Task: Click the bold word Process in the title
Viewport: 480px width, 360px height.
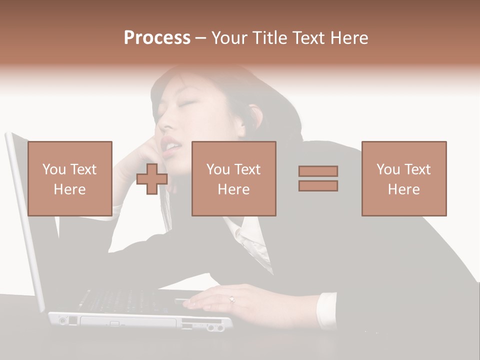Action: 157,38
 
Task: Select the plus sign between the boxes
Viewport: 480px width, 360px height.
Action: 152,179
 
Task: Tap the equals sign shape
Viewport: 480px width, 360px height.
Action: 318,178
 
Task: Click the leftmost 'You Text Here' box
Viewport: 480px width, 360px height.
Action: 70,178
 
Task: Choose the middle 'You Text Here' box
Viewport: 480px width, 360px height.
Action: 233,178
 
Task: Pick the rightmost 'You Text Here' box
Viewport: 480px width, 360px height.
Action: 403,178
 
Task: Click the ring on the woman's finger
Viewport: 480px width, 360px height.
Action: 231,299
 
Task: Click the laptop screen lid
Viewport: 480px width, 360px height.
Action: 25,220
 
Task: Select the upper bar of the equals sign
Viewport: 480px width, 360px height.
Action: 318,171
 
